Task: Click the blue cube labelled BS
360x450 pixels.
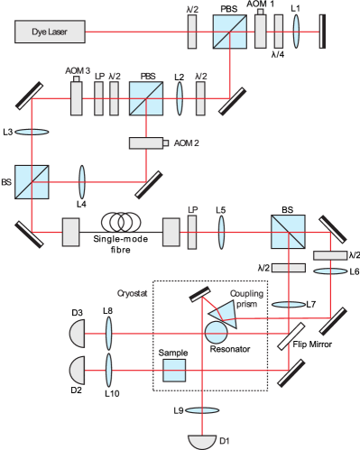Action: tap(32, 180)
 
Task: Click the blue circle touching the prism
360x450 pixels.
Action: tap(216, 332)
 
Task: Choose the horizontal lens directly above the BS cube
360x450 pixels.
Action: tap(32, 132)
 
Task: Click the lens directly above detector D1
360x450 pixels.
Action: tap(204, 410)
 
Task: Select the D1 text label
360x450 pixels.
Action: tap(226, 441)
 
